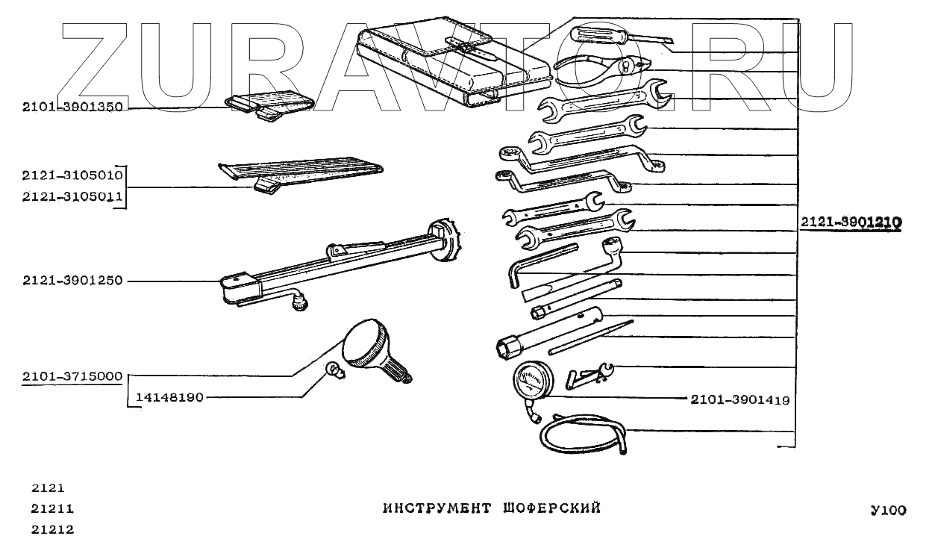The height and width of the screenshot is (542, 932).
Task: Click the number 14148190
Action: pyautogui.click(x=169, y=398)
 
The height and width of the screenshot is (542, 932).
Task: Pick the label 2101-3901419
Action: pyautogui.click(x=739, y=400)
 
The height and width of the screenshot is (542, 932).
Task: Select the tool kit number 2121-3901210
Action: pyautogui.click(x=851, y=222)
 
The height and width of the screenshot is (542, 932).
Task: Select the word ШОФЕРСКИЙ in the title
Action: pyautogui.click(x=553, y=509)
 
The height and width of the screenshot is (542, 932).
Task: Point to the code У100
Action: pyautogui.click(x=887, y=511)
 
